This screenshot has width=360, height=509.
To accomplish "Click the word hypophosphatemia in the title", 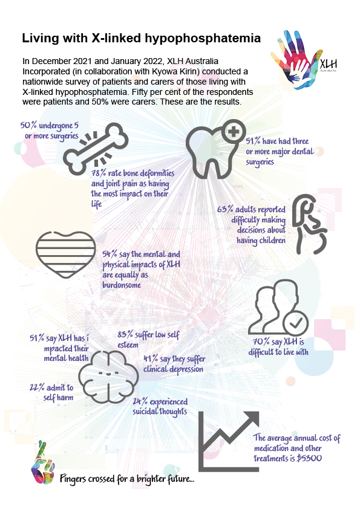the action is (203, 39).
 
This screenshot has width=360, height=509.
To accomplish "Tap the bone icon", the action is (96, 149).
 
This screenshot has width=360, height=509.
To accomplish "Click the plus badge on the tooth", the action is (234, 132).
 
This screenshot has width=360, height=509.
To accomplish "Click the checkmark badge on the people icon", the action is (295, 323).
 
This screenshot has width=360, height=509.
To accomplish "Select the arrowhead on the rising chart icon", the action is (251, 420).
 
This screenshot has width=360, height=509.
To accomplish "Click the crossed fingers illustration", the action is (42, 462).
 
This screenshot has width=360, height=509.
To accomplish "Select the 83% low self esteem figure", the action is (125, 334).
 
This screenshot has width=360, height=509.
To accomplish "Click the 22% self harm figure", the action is (37, 387).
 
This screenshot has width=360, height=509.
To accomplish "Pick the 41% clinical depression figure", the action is (151, 358).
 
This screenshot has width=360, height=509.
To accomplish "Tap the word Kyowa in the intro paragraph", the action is (164, 71).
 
